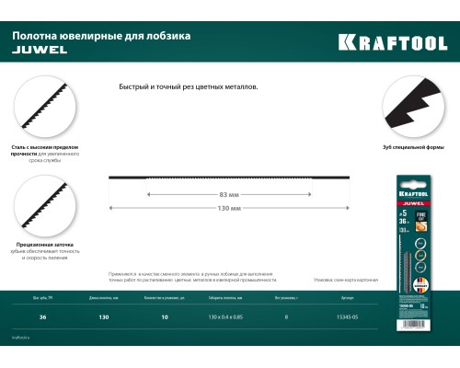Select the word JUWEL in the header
coord(36,52)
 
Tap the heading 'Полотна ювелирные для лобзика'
coord(101,37)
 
